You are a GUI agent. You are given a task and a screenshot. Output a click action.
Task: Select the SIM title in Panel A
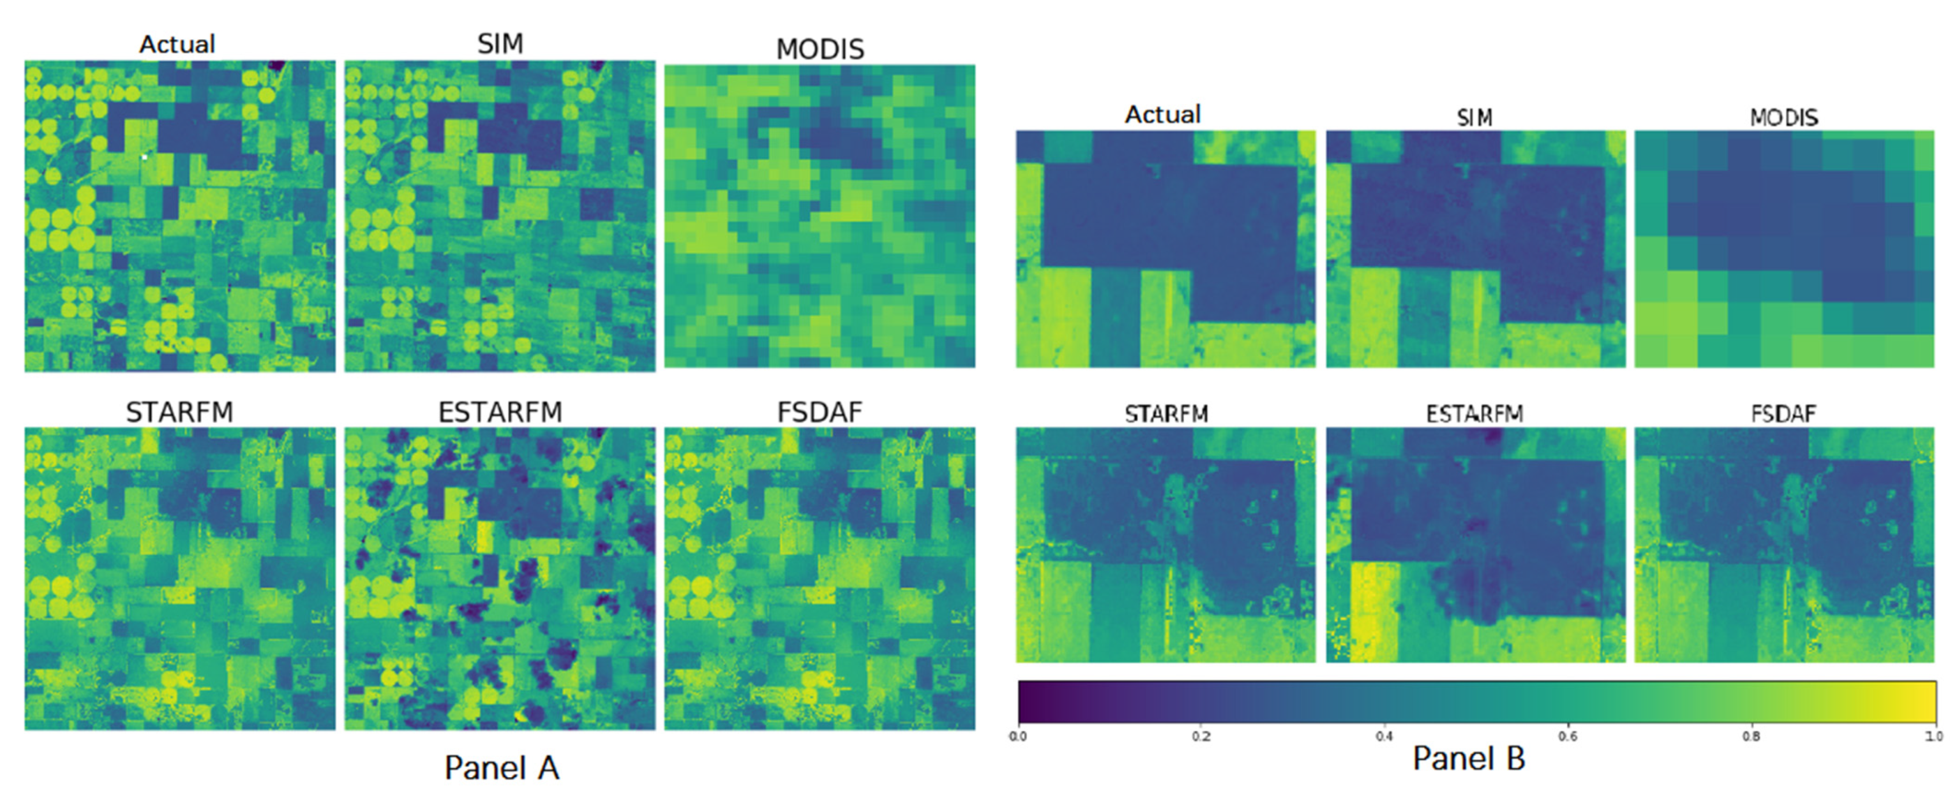click(500, 43)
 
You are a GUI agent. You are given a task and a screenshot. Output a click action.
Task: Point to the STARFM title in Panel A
click(179, 412)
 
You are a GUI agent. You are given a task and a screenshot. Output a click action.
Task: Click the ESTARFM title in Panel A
click(500, 412)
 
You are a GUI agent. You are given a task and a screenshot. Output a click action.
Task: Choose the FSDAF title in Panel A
click(820, 412)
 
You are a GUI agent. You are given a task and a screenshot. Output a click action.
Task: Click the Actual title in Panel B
click(1162, 115)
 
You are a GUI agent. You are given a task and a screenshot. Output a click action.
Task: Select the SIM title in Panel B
click(1474, 118)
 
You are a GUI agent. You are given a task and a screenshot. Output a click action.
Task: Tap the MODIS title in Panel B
click(1784, 118)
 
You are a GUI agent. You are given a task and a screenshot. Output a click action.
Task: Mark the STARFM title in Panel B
click(1166, 414)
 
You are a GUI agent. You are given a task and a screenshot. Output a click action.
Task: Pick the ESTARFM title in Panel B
click(1474, 414)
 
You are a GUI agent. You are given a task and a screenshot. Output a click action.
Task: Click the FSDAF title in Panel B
click(1783, 414)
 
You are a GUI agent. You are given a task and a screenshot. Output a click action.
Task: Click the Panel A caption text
click(502, 767)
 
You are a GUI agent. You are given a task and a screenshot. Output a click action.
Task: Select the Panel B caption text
click(1469, 758)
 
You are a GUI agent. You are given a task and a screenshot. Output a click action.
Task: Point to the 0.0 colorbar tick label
click(1018, 736)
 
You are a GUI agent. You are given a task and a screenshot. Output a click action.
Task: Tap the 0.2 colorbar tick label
click(1201, 736)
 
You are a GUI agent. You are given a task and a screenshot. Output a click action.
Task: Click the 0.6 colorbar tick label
click(1567, 736)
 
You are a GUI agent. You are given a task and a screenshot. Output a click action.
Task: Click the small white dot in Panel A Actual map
click(144, 156)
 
